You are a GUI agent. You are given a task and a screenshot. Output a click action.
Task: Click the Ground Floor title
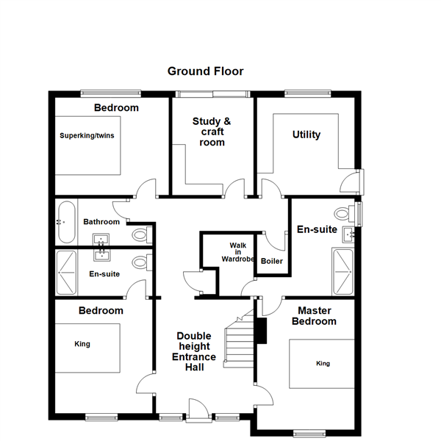pyautogui.click(x=205, y=71)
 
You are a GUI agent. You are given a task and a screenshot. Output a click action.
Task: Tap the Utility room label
pyautogui.click(x=306, y=135)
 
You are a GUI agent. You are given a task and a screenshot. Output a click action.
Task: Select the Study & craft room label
pyautogui.click(x=212, y=132)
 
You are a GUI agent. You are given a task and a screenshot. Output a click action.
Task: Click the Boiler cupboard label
pyautogui.click(x=272, y=261)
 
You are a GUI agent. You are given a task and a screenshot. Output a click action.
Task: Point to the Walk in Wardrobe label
pyautogui.click(x=238, y=252)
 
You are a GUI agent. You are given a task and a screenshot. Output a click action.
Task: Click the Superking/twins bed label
pyautogui.click(x=87, y=135)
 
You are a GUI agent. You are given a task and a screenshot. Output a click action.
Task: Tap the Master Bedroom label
pyautogui.click(x=314, y=316)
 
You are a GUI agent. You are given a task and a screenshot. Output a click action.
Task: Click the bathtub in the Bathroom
pyautogui.click(x=67, y=222)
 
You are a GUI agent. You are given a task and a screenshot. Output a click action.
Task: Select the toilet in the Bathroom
pyautogui.click(x=143, y=234)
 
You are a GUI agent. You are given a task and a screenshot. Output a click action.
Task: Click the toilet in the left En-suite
pyautogui.click(x=143, y=262)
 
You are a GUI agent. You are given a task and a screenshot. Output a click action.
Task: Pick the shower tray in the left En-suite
pyautogui.click(x=66, y=273)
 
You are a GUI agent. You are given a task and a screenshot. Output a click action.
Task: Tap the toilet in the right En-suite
pyautogui.click(x=345, y=213)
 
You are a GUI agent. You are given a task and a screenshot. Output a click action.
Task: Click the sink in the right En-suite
pyautogui.click(x=348, y=234)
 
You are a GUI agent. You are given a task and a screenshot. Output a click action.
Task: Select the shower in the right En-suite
pyautogui.click(x=343, y=272)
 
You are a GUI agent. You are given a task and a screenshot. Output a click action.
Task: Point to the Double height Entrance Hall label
pyautogui.click(x=194, y=351)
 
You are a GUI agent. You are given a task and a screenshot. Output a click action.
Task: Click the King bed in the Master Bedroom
pyautogui.click(x=322, y=364)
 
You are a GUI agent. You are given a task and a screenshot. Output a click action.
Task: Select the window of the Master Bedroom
pyautogui.click(x=309, y=434)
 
